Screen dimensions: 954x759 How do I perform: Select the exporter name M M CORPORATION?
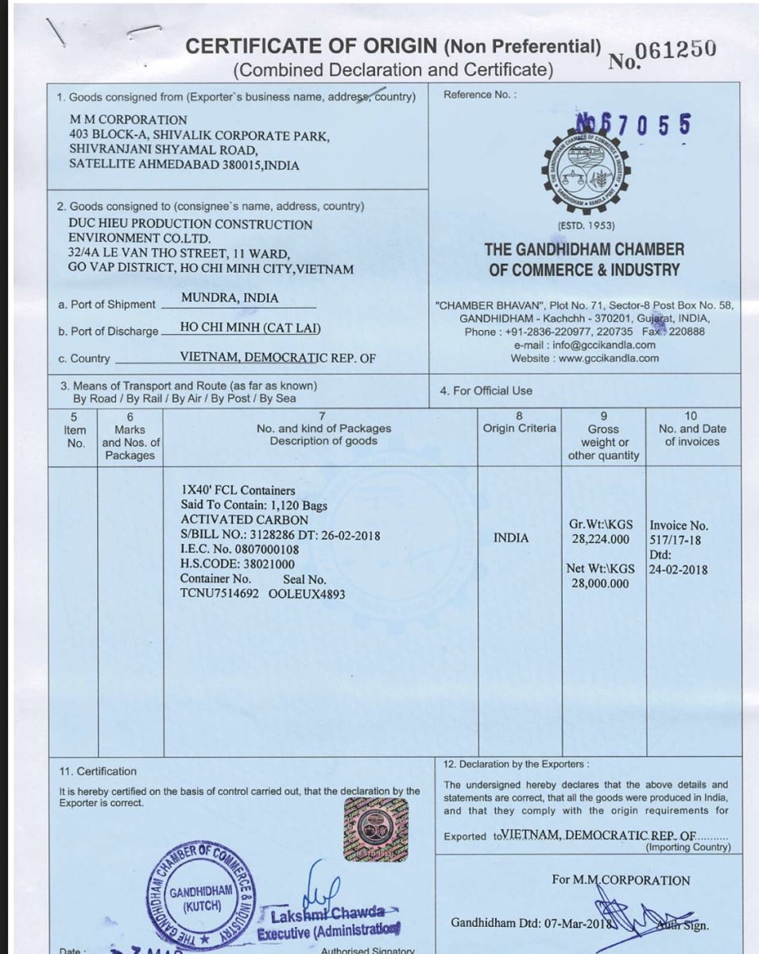pyautogui.click(x=128, y=120)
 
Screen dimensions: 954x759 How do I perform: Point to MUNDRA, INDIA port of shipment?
pyautogui.click(x=230, y=298)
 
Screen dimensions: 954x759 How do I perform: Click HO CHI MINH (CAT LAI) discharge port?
pyautogui.click(x=250, y=328)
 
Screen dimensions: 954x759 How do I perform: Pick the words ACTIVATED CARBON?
pyautogui.click(x=234, y=520)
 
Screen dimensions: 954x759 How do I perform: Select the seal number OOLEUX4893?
pyautogui.click(x=307, y=594)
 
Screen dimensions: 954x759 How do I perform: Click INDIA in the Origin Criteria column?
pyautogui.click(x=510, y=538)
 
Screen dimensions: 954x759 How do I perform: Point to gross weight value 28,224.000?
pyautogui.click(x=601, y=540)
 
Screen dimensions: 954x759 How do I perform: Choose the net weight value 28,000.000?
pyautogui.click(x=600, y=584)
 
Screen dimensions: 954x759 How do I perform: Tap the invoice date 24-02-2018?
pyautogui.click(x=678, y=569)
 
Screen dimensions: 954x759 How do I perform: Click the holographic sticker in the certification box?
pyautogui.click(x=376, y=829)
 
